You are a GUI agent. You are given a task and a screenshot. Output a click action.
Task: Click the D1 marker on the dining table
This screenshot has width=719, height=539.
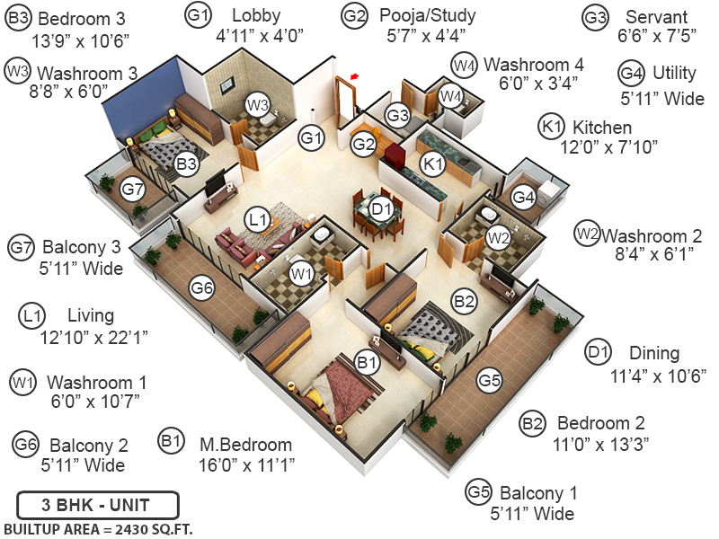click(382, 209)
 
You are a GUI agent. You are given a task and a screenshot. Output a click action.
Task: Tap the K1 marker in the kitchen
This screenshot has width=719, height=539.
click(434, 163)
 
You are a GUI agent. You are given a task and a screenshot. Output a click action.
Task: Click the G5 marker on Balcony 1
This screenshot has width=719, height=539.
click(489, 381)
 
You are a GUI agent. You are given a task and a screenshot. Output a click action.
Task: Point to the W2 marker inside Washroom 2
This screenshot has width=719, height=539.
click(499, 237)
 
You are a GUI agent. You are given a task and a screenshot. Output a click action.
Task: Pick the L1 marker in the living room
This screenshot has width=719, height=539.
click(258, 218)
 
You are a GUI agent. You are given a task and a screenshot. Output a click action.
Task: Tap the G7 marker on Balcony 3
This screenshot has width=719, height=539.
click(133, 190)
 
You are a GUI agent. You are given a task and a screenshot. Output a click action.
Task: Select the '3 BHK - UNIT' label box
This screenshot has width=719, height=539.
click(97, 503)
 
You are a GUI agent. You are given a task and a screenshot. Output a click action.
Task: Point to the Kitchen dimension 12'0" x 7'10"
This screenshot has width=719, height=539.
click(609, 146)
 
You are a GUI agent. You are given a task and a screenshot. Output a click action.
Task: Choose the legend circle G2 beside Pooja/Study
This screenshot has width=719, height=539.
click(355, 15)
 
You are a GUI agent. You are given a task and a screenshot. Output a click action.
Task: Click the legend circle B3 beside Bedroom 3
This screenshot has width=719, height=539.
click(18, 18)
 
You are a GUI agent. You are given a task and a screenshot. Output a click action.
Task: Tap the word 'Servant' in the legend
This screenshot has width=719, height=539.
click(656, 17)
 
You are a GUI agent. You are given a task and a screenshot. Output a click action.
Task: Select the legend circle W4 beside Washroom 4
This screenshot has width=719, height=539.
click(464, 65)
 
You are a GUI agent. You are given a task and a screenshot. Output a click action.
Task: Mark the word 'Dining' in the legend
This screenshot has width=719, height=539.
click(653, 353)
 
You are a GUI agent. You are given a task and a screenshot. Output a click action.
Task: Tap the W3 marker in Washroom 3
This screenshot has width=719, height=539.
click(258, 105)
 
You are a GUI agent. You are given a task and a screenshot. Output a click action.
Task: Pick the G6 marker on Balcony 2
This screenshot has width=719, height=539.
click(202, 287)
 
